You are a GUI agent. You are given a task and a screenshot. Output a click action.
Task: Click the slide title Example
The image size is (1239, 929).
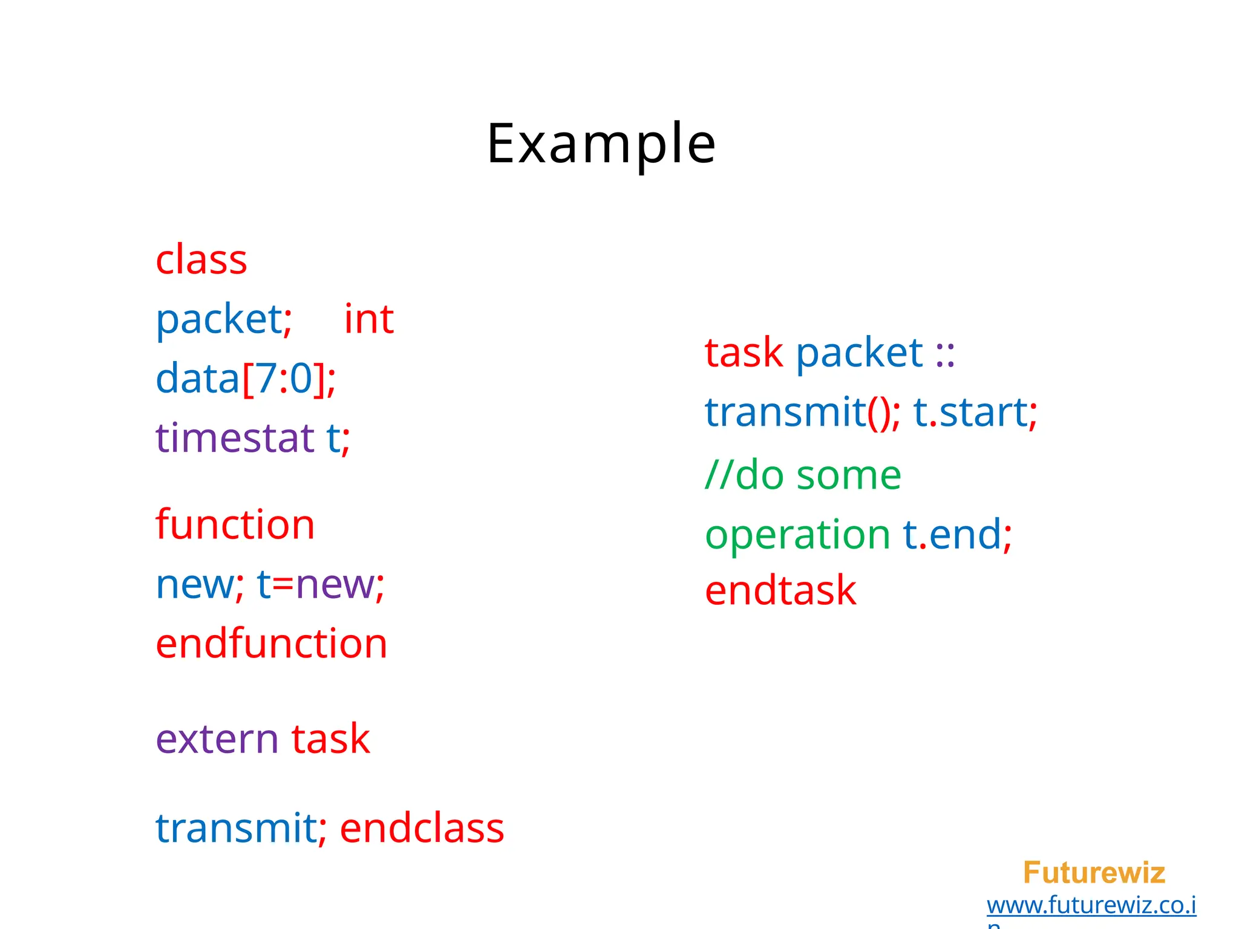(x=601, y=143)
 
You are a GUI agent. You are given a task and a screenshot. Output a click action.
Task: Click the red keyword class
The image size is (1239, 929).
(x=201, y=260)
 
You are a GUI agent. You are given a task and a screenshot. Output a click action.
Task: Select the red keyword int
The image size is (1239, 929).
(x=369, y=319)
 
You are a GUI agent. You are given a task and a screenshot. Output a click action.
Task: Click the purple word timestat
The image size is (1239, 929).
(x=235, y=438)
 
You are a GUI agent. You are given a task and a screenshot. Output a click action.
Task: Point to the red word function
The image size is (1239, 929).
(x=235, y=524)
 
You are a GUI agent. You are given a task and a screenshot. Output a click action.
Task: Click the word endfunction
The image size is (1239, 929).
(x=272, y=644)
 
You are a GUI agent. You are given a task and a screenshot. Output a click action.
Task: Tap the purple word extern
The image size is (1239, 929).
(x=217, y=739)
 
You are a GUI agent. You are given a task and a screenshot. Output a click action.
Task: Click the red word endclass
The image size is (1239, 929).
(x=422, y=828)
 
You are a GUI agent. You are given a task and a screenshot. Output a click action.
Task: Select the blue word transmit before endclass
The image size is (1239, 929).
(x=236, y=828)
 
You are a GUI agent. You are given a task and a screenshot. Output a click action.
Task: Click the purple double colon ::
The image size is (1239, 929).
(x=945, y=354)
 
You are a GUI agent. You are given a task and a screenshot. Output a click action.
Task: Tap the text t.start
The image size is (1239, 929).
(x=970, y=412)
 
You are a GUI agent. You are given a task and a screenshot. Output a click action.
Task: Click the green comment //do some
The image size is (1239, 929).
(x=803, y=475)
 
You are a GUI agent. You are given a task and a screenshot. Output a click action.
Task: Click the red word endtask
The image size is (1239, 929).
(x=780, y=591)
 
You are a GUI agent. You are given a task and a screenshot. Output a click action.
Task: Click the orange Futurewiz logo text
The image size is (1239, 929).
(x=1094, y=873)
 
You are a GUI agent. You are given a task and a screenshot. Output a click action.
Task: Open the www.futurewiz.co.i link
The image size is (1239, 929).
(x=1091, y=905)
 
